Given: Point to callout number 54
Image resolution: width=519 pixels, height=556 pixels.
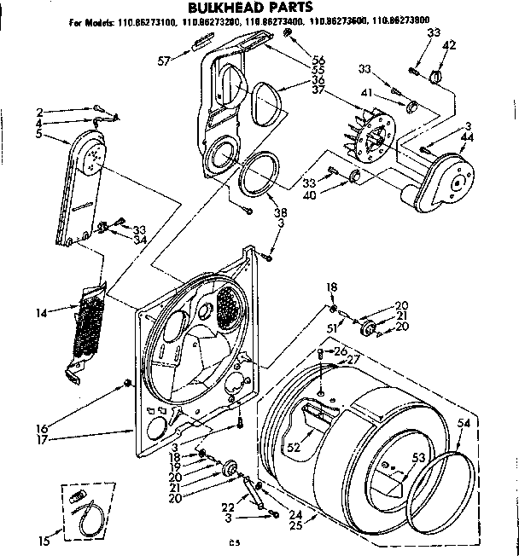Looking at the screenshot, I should [464, 423].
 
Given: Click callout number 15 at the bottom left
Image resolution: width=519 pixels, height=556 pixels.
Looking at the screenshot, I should [44, 539].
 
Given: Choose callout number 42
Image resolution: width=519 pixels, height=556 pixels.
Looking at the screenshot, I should [450, 45].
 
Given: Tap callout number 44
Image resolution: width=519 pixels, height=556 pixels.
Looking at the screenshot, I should [466, 138].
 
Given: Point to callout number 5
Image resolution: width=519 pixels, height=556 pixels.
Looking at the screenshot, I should [40, 134].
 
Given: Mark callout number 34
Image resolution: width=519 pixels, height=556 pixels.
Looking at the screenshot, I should [138, 239].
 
